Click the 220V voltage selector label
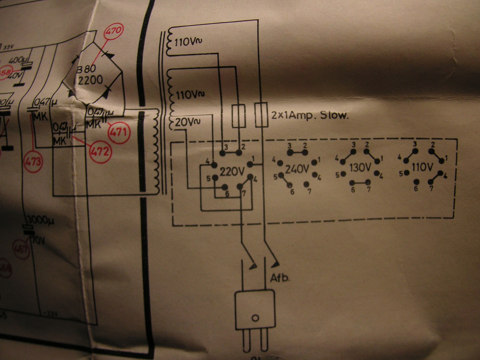coord(232,172)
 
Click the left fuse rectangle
coord(238,116)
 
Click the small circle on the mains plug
coord(255,318)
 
